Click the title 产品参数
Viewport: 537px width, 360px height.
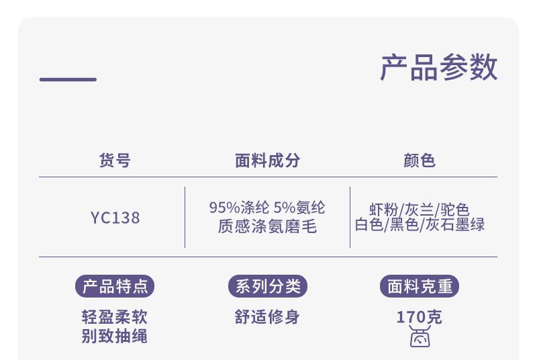[x=439, y=68]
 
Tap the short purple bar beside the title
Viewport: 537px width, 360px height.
[x=68, y=79]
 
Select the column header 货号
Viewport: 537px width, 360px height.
[x=115, y=161]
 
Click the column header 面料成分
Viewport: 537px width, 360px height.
[x=267, y=161]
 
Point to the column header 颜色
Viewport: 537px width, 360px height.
[x=420, y=161]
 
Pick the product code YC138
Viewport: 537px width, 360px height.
[x=115, y=218]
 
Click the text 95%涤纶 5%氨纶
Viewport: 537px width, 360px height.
[x=267, y=208]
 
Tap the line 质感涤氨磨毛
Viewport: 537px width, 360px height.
[x=267, y=226]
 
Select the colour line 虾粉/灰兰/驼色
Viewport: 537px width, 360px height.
[x=420, y=209]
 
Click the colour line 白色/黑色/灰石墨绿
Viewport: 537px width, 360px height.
[x=420, y=225]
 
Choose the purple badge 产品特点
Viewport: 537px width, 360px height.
[x=115, y=287]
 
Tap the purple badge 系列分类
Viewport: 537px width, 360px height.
[x=267, y=287]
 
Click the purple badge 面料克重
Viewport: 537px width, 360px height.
[x=420, y=287]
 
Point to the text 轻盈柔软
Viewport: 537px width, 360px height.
[x=115, y=317]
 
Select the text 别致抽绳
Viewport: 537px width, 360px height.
[x=115, y=336]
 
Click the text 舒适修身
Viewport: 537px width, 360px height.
[x=267, y=317]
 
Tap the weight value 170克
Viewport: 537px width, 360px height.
[x=420, y=317]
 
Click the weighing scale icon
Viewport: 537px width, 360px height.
[x=420, y=338]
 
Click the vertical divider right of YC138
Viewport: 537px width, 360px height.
[x=185, y=217]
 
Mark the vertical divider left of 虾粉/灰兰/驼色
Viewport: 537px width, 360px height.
[x=350, y=217]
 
